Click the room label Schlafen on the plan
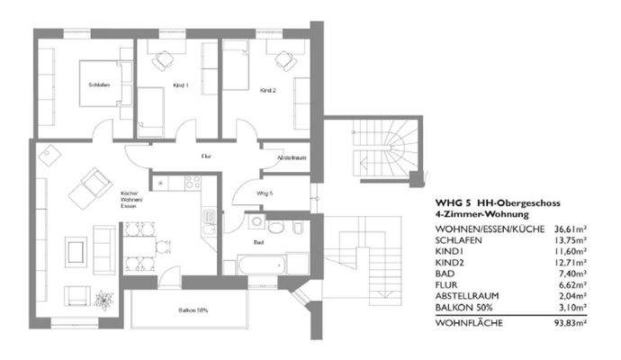tap(99, 85)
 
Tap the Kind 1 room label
tap(180, 86)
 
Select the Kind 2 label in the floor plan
tap(266, 91)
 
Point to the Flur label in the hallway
tap(206, 156)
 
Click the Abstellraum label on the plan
tap(292, 157)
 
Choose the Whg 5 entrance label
tap(264, 193)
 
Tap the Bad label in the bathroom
tap(259, 242)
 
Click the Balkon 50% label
tap(191, 310)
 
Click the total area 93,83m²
tap(568, 321)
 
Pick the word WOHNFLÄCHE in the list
tap(468, 321)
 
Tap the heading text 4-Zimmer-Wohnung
tap(478, 214)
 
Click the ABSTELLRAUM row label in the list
tap(471, 294)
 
